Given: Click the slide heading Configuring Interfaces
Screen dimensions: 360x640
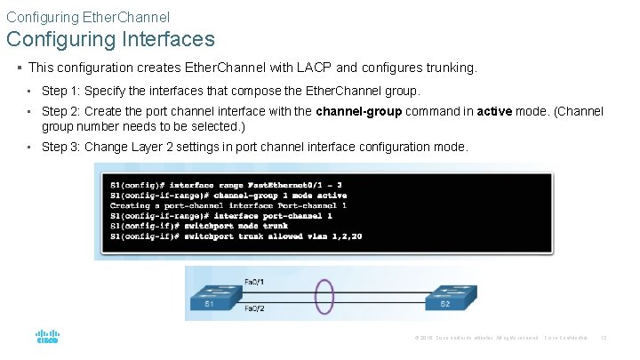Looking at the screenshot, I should pyautogui.click(x=110, y=39).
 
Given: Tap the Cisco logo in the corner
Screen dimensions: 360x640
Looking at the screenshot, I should pyautogui.click(x=47, y=338).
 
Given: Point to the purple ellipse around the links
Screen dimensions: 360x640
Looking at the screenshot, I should pyautogui.click(x=324, y=295).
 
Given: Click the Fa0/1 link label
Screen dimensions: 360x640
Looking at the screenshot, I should pyautogui.click(x=253, y=282).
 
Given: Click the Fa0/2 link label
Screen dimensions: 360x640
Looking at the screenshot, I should pyautogui.click(x=253, y=308).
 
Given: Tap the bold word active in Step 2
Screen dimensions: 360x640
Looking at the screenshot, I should pyautogui.click(x=494, y=112).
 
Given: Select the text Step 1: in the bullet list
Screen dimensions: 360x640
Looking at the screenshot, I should pyautogui.click(x=60, y=91).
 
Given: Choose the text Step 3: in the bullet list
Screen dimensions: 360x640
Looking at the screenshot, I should pyautogui.click(x=60, y=147).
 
